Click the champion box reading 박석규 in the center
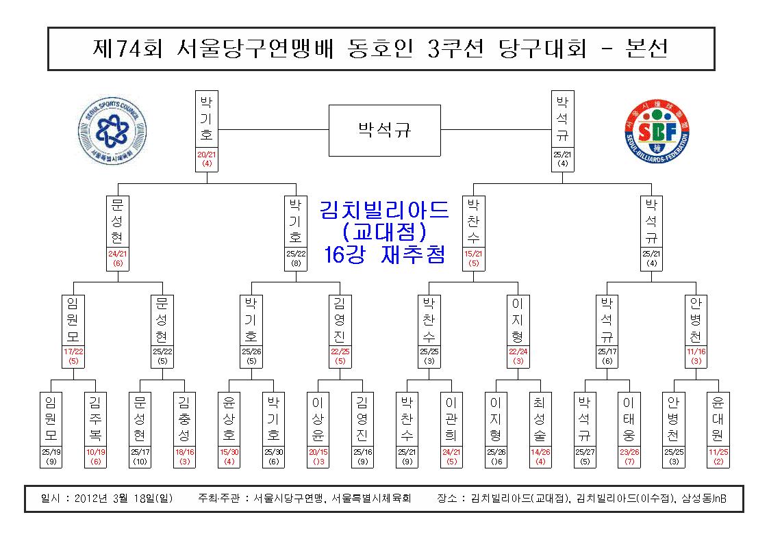tap(385, 130)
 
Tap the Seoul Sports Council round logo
tap(112, 130)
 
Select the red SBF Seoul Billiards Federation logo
tap(657, 131)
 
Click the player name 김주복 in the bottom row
tap(95, 419)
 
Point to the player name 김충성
tap(184, 419)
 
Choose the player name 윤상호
tap(229, 419)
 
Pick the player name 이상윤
tap(318, 419)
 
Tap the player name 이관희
tap(451, 419)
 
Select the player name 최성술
tap(540, 419)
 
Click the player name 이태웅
tap(629, 419)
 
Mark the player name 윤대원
tap(718, 419)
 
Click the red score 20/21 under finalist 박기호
tap(207, 155)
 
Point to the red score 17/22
tap(73, 352)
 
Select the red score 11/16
tap(696, 352)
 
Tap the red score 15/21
tap(473, 254)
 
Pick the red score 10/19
tap(95, 452)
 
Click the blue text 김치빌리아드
tap(384, 210)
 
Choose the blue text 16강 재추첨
tap(385, 254)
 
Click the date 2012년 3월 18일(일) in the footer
tap(123, 499)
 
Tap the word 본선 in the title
tap(647, 49)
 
